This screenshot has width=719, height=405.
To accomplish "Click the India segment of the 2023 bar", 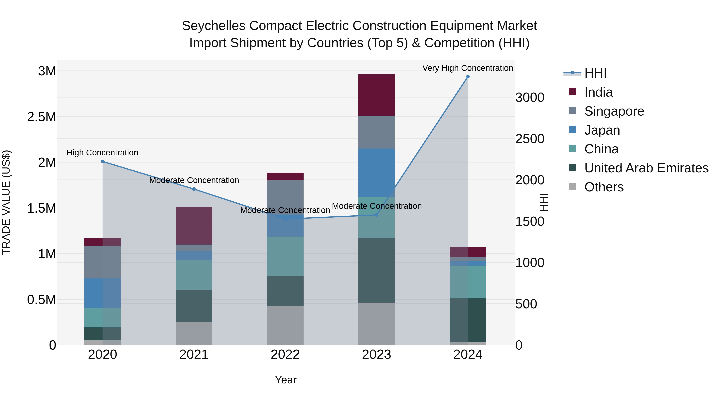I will pos(376,95).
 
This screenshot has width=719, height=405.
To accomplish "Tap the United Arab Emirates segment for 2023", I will pos(376,270).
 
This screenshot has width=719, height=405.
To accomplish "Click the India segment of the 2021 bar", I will pos(194,226).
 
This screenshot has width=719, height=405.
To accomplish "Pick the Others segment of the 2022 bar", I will pos(285,325).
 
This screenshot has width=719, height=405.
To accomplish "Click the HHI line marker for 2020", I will pos(102,161).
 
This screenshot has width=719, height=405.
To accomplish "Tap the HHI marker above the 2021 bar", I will pos(194,189).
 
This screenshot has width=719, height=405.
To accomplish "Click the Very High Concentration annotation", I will pos(468,68).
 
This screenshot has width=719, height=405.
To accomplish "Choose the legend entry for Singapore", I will pos(614,111).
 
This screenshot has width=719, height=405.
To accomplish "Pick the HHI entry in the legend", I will pos(595,73).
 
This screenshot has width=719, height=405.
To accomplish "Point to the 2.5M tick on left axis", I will pos(42,117).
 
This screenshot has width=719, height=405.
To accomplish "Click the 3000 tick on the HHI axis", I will pos(529,98).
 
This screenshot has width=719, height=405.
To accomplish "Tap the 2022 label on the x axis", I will pos(285,355).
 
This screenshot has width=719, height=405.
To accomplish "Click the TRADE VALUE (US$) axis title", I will pos(6,202).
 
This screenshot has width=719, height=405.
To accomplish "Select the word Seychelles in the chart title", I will pos(214,26).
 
